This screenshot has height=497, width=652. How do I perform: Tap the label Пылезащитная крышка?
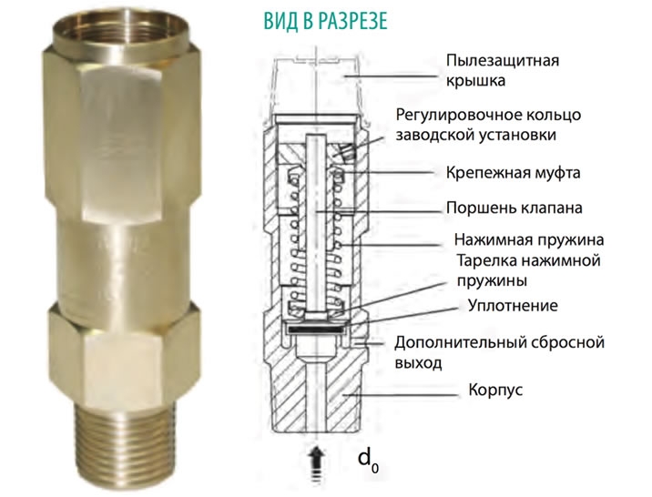[x=501, y=70]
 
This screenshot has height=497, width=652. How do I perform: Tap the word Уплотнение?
[x=512, y=305]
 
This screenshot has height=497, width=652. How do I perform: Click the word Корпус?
[x=495, y=390]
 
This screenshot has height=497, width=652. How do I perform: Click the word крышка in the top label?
[x=474, y=81]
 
